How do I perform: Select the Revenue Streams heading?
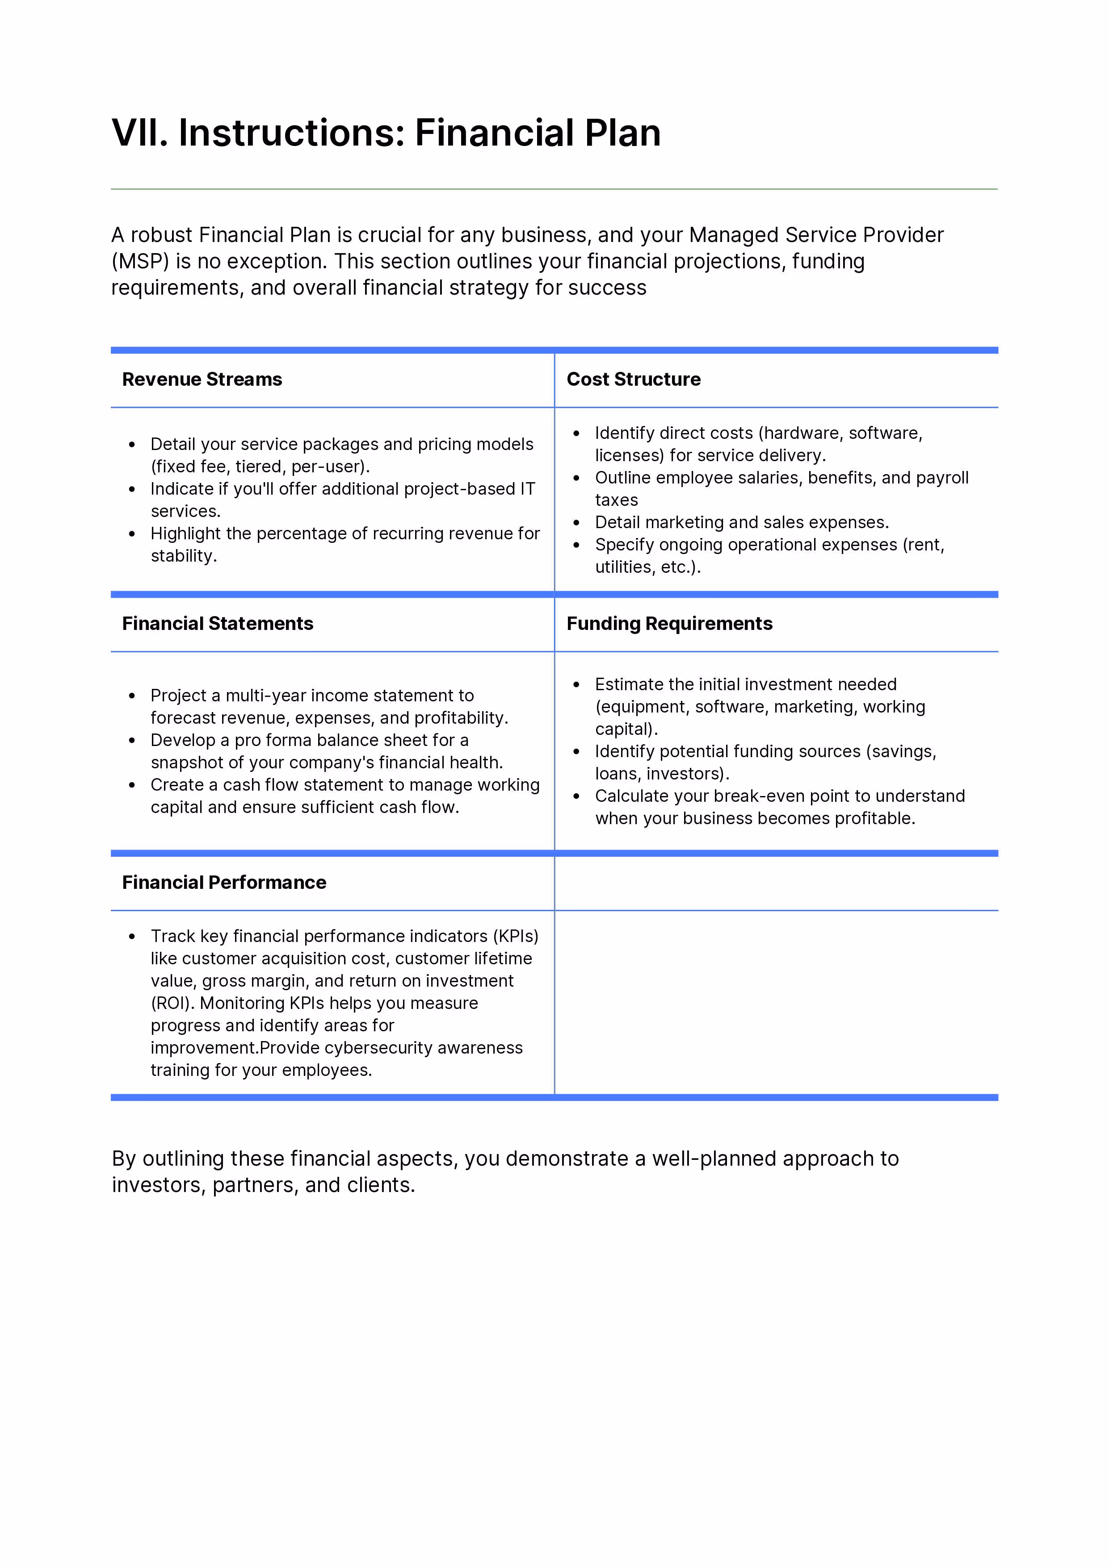coord(202,379)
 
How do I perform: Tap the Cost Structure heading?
coord(633,379)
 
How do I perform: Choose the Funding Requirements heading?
coord(669,624)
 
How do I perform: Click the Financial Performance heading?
coord(224,883)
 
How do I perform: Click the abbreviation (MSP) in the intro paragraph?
coord(141,262)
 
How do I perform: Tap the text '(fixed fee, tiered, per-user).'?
coord(260,467)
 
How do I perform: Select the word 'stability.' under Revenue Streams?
coord(184,556)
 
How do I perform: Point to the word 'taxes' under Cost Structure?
coord(616,500)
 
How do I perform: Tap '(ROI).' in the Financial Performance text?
coord(173,1003)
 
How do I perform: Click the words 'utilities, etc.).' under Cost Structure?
coord(647,567)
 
